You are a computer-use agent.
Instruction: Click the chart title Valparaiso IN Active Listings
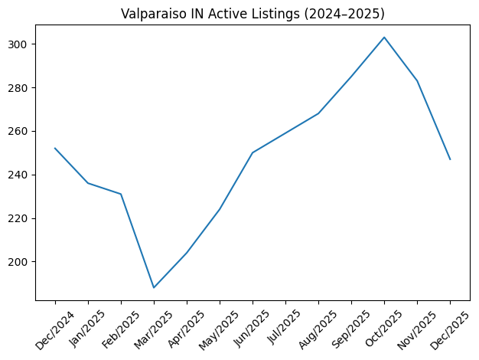click(253, 14)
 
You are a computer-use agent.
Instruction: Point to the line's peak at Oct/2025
click(384, 38)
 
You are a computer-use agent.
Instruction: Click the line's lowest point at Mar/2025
click(154, 287)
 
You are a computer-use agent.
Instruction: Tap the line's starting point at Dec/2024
click(55, 149)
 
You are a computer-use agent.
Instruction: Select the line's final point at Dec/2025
click(450, 159)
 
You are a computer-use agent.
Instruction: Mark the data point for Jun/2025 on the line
click(253, 152)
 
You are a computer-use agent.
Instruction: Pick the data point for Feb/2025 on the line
click(121, 194)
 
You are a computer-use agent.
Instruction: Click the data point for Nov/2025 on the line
click(417, 80)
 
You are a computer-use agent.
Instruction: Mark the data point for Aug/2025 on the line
click(318, 113)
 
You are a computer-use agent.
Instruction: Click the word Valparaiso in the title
click(153, 14)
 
